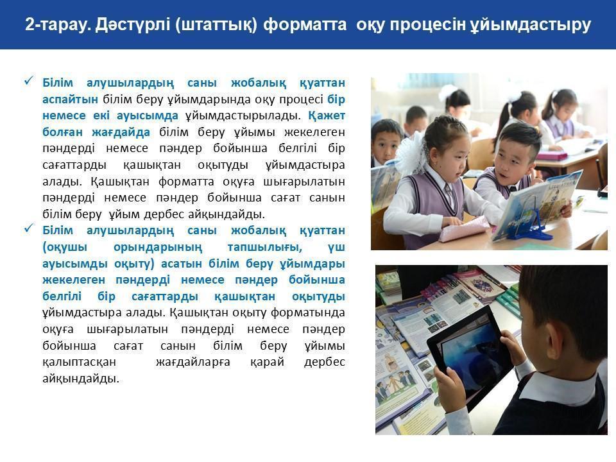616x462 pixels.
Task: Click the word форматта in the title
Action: (305, 24)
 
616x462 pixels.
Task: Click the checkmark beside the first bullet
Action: (29, 81)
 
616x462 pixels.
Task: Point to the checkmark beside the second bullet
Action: (29, 228)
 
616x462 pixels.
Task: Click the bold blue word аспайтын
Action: (71, 99)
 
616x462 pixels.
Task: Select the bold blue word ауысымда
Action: (148, 116)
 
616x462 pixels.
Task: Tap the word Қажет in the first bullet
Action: (327, 116)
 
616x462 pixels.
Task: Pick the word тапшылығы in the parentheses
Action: (265, 247)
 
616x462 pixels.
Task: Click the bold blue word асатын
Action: (182, 264)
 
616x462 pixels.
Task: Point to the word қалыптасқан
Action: (80, 362)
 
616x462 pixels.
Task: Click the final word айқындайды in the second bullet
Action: (81, 379)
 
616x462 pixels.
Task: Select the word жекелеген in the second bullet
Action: (74, 280)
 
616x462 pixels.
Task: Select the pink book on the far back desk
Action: (552, 157)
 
